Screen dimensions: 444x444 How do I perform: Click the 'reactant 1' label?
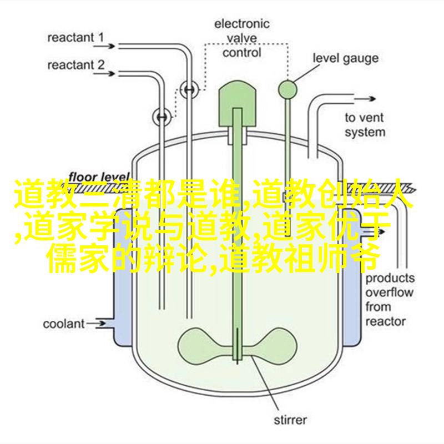tap(75, 38)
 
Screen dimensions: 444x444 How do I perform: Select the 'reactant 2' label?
tap(76, 65)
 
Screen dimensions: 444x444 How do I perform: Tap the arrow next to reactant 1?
tap(104, 46)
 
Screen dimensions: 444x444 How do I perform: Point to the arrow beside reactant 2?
tap(104, 74)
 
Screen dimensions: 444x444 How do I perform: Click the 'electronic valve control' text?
tap(241, 38)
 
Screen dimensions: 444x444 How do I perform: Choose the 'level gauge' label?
tap(345, 58)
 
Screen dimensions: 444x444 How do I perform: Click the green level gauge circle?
tap(287, 90)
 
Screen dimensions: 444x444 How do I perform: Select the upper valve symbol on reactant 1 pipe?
tap(189, 89)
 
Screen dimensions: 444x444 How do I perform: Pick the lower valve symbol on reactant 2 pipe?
tap(162, 117)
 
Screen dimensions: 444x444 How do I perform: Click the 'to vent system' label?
tap(365, 125)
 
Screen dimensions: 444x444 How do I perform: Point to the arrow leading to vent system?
tap(365, 99)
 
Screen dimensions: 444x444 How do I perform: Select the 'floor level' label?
tap(99, 177)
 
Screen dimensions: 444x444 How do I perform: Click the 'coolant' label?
tap(64, 324)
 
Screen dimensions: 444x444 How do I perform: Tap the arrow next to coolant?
tap(95, 324)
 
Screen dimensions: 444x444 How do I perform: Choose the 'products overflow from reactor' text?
tap(390, 300)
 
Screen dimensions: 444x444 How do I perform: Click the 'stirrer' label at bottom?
tap(290, 420)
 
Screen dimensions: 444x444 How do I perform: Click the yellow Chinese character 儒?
tap(62, 259)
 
